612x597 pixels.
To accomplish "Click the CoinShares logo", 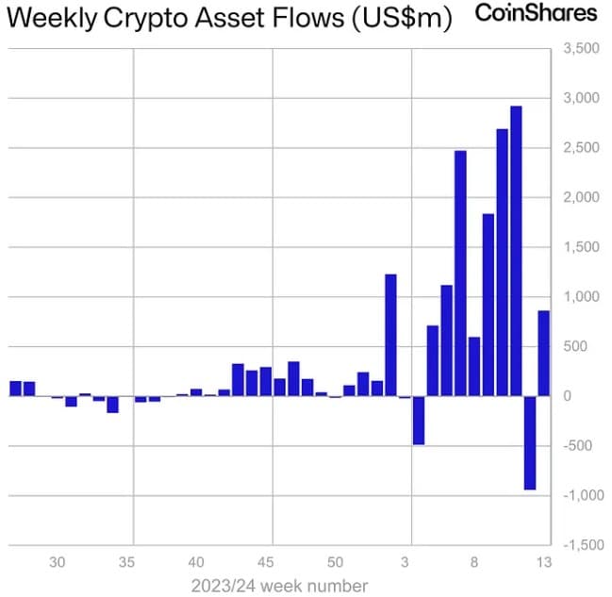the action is coord(536,12).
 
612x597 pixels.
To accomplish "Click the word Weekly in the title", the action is coord(52,19).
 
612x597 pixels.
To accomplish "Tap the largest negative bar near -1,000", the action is coord(530,442).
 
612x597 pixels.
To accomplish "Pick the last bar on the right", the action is coord(544,354).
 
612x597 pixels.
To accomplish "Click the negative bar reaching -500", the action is coord(419,420).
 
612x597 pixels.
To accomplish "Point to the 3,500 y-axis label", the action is coord(582,48).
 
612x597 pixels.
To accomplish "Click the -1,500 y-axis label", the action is coord(583,545).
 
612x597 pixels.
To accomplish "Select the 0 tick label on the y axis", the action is coord(568,396).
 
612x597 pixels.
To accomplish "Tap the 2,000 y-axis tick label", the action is coord(582,197).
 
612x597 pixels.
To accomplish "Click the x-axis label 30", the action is coord(57,563).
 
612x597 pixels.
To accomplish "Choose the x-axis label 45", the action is coord(265,563).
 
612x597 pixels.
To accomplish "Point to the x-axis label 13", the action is coord(544,563).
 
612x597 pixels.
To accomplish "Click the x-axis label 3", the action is coord(405,563).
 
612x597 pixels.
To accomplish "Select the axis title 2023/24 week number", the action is coord(279,586).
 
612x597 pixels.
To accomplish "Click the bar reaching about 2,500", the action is coord(460,274).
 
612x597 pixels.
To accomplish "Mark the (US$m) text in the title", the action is coord(402,19).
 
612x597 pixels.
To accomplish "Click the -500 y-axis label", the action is coord(578,446).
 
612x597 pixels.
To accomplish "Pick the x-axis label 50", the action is coord(336,563).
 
